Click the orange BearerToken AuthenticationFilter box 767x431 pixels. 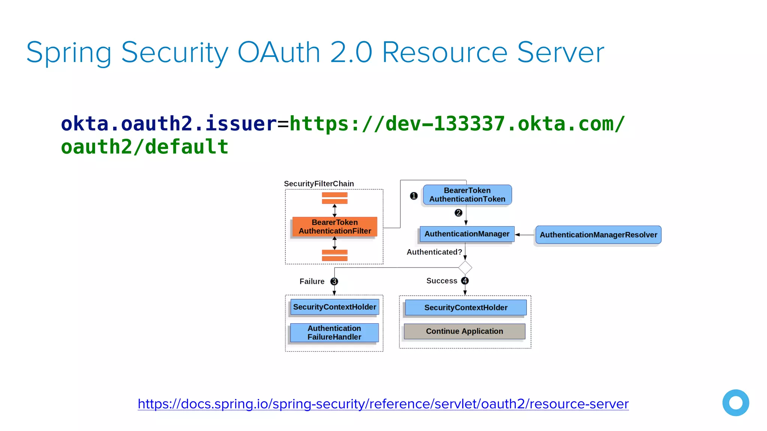tap(334, 226)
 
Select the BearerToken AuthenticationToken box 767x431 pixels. tap(467, 195)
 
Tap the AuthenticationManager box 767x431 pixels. tap(467, 234)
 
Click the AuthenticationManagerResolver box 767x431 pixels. tap(598, 235)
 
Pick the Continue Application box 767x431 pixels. tap(464, 331)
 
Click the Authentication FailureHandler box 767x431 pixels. tap(334, 332)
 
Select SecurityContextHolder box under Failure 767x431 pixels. tap(334, 307)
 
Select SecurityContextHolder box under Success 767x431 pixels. tap(466, 308)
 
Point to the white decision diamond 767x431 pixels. tap(465, 268)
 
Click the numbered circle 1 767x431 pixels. tap(413, 196)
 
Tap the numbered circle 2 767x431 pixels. tap(458, 213)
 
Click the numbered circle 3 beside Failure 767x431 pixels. tap(334, 281)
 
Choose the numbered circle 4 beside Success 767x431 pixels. tap(465, 281)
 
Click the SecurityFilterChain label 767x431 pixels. tap(319, 184)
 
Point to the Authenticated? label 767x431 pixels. tap(434, 252)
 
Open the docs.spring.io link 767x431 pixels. tap(383, 404)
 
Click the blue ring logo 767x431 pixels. tap(736, 403)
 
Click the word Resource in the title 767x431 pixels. tap(445, 52)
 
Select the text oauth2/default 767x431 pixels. tap(145, 147)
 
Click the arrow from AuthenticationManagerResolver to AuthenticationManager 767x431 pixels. tap(525, 235)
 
